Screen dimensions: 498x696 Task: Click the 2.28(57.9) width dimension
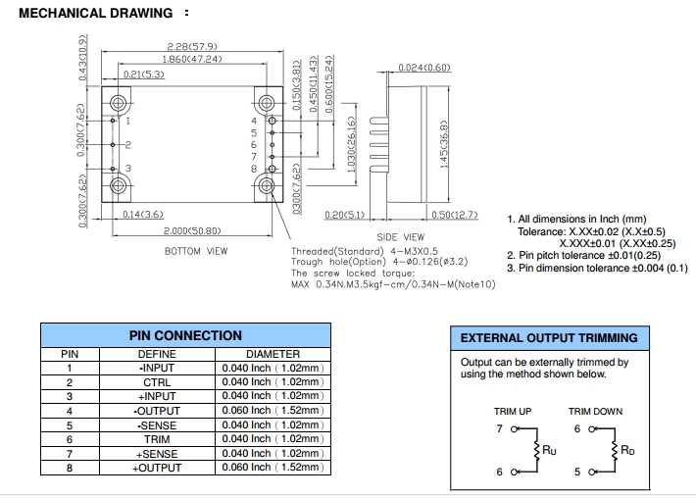coord(191,46)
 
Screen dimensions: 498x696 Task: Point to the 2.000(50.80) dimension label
coord(192,231)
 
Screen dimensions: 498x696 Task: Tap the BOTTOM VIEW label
coord(196,251)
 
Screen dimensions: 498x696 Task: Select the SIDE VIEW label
coord(400,237)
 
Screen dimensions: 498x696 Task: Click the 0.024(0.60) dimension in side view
coord(424,68)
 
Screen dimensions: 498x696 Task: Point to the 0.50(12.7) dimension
coord(454,215)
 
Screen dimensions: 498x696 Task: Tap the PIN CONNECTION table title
coord(185,335)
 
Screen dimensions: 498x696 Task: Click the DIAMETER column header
coord(273,354)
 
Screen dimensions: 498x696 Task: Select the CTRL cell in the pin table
coord(157,382)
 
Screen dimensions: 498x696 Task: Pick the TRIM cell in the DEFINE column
coord(157,439)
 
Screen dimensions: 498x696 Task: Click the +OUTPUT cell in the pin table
coord(157,468)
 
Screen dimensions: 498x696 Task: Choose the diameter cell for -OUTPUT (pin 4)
coord(273,411)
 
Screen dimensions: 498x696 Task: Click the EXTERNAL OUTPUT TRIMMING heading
coord(549,338)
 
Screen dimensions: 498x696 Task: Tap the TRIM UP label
coord(512,412)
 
